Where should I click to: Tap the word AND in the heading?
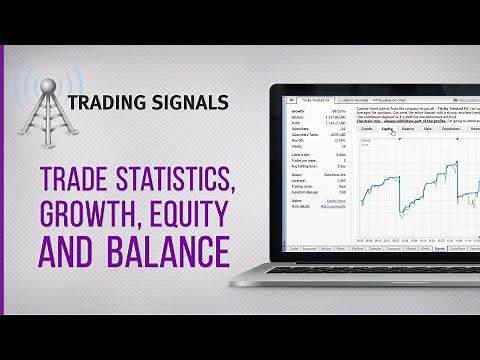pos(69,248)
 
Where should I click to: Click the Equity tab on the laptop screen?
pos(387,129)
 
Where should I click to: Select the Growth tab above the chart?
pos(366,129)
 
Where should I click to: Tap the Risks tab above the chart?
pos(428,129)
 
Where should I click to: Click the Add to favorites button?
pos(355,101)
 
